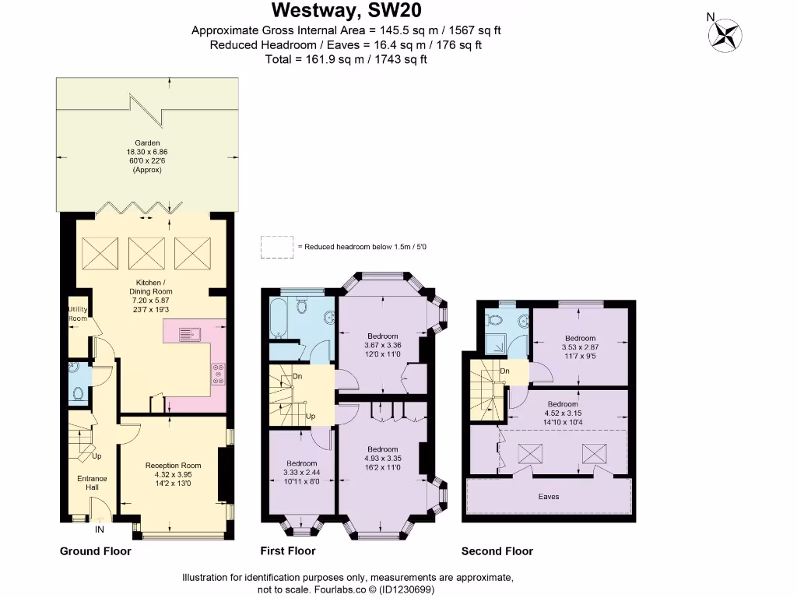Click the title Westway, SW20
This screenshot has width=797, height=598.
coord(348,11)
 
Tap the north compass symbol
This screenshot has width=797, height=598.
coord(725,33)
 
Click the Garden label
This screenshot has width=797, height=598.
coord(147,142)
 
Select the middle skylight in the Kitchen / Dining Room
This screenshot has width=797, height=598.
coord(142,252)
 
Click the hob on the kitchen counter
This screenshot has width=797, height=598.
coord(218,375)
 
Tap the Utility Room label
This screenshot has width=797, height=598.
coord(78,314)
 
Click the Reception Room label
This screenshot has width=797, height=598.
coord(173,466)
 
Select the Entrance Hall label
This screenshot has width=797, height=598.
coord(92,484)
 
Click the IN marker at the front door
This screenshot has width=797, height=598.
coord(100,530)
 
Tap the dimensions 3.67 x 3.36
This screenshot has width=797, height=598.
coord(381,346)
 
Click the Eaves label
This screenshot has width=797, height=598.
coord(548,496)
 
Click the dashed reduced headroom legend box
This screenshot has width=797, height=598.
coord(277,247)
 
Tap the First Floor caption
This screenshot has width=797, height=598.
coord(287,551)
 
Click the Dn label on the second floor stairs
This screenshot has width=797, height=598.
coord(505,371)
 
